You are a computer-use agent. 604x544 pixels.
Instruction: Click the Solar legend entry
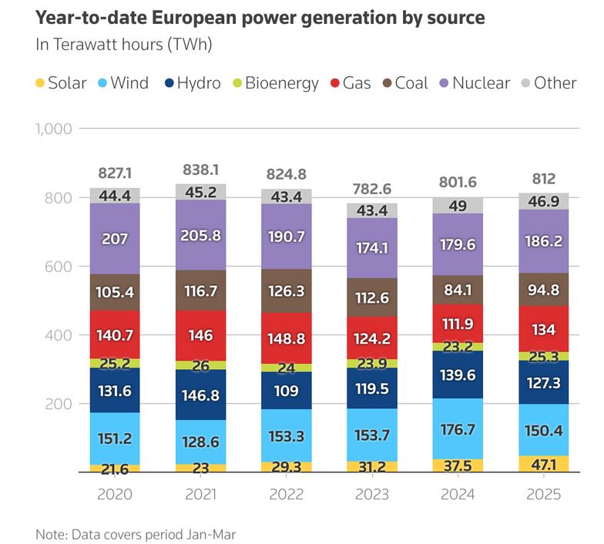pos(61,83)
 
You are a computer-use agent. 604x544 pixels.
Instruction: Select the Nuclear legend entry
pos(473,83)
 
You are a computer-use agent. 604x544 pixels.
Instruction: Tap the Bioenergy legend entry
pos(275,83)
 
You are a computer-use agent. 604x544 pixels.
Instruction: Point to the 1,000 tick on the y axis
pos(53,128)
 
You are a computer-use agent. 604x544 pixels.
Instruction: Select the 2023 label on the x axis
pos(371,494)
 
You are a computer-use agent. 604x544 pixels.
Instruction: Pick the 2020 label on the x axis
pos(115,494)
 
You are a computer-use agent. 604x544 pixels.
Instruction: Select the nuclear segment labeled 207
pos(115,238)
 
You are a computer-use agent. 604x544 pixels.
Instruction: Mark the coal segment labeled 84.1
pos(457,291)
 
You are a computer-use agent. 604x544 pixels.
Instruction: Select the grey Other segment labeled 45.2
pos(200,192)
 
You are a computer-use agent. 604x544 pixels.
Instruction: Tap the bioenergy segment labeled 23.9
pos(371,363)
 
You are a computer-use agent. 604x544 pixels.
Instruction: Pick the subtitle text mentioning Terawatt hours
pos(124,45)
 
